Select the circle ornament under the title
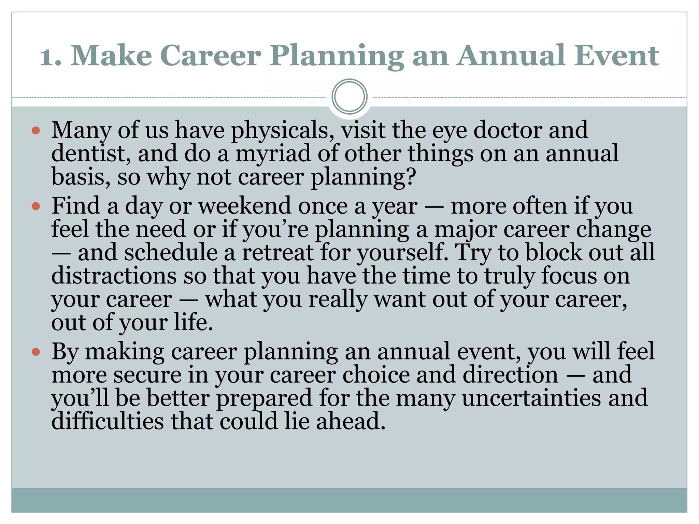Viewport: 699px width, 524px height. pyautogui.click(x=349, y=97)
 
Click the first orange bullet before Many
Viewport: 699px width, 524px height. pyautogui.click(x=36, y=131)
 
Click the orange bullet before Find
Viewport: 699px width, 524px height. pyautogui.click(x=36, y=206)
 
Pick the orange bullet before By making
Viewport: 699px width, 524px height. pyautogui.click(x=36, y=352)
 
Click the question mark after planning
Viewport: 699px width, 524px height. pyautogui.click(x=411, y=177)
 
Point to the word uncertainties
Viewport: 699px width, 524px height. pyautogui.click(x=531, y=398)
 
